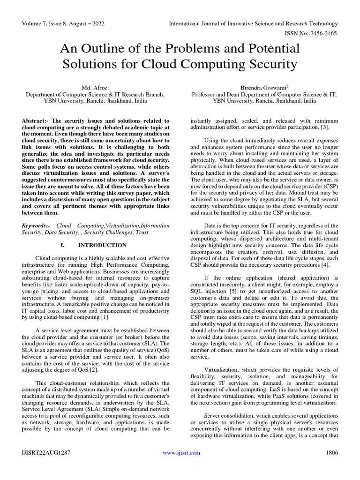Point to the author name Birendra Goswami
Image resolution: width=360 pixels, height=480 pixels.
point(263,87)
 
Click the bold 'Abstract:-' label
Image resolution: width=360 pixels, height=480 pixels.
point(36,121)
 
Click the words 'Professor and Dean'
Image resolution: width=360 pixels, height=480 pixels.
point(215,94)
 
